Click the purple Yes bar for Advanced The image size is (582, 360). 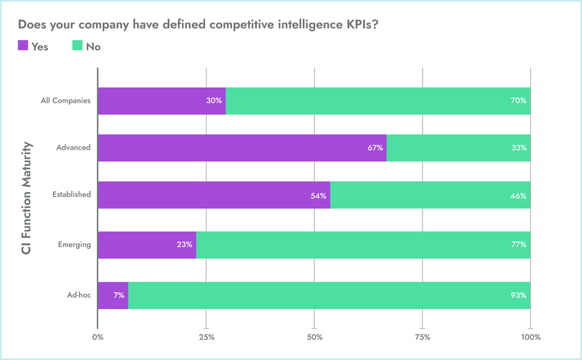242,148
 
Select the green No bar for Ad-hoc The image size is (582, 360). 329,295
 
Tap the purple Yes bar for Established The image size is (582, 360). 213,196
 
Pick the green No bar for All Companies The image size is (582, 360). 378,100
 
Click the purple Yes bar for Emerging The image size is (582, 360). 146,245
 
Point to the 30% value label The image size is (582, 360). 214,100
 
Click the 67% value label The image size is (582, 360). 375,148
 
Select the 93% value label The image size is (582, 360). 519,295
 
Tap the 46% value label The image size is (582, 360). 519,196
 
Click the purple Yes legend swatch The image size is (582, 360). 23,46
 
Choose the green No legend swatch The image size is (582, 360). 76,46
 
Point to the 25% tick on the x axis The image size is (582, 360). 206,337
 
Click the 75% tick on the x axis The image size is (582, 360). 423,337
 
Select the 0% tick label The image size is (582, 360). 97,337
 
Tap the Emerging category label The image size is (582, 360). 73,245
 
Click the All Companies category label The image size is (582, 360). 65,100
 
